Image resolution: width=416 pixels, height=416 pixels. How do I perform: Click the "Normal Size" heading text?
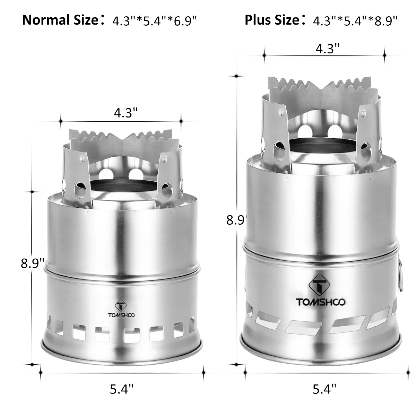pos(60,20)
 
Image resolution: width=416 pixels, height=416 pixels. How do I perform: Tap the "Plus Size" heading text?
pos(272,20)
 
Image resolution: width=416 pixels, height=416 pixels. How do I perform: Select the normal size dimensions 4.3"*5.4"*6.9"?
pos(155,21)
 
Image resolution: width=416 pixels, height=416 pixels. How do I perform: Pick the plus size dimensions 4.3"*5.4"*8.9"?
pos(355,21)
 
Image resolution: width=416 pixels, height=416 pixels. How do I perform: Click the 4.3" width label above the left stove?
pos(126,113)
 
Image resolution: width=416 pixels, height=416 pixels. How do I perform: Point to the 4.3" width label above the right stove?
pos(328,49)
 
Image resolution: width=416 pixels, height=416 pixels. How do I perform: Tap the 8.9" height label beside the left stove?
pos(32,263)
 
